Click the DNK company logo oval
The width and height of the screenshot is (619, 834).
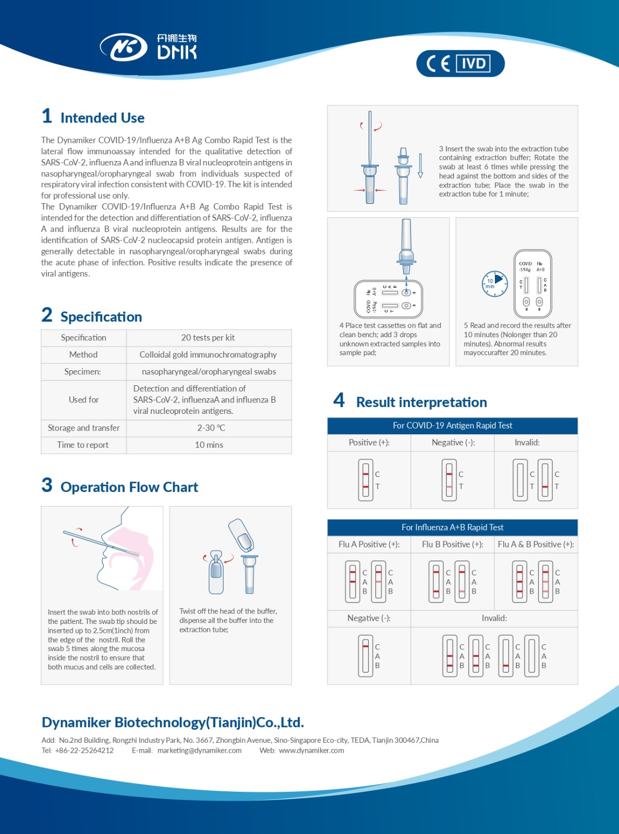pos(124,47)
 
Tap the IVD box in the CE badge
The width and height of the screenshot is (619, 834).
pos(473,64)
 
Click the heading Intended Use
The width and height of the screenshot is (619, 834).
pos(102,118)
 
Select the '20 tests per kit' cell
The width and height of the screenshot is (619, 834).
pos(208,338)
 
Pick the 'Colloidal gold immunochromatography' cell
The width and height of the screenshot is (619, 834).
pos(208,354)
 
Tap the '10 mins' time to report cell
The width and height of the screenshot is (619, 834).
pos(209,445)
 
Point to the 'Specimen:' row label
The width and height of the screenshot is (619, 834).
pos(82,372)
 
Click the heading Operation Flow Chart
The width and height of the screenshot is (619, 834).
pos(129,487)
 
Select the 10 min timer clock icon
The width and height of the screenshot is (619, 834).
pos(494,284)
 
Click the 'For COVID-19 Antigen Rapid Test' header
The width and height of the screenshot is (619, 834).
pos(452,425)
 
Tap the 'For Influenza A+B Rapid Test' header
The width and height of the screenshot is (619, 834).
pos(452,527)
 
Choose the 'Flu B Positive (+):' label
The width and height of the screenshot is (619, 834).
pos(452,544)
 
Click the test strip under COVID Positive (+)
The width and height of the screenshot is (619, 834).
pos(366,480)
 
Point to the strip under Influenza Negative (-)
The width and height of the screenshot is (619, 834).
pos(366,656)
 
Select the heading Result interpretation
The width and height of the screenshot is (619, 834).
pos(421,402)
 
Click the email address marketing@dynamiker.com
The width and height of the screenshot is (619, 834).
pos(199,751)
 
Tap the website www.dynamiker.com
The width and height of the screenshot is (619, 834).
pos(311,751)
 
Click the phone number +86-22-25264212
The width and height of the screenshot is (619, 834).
pos(84,751)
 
